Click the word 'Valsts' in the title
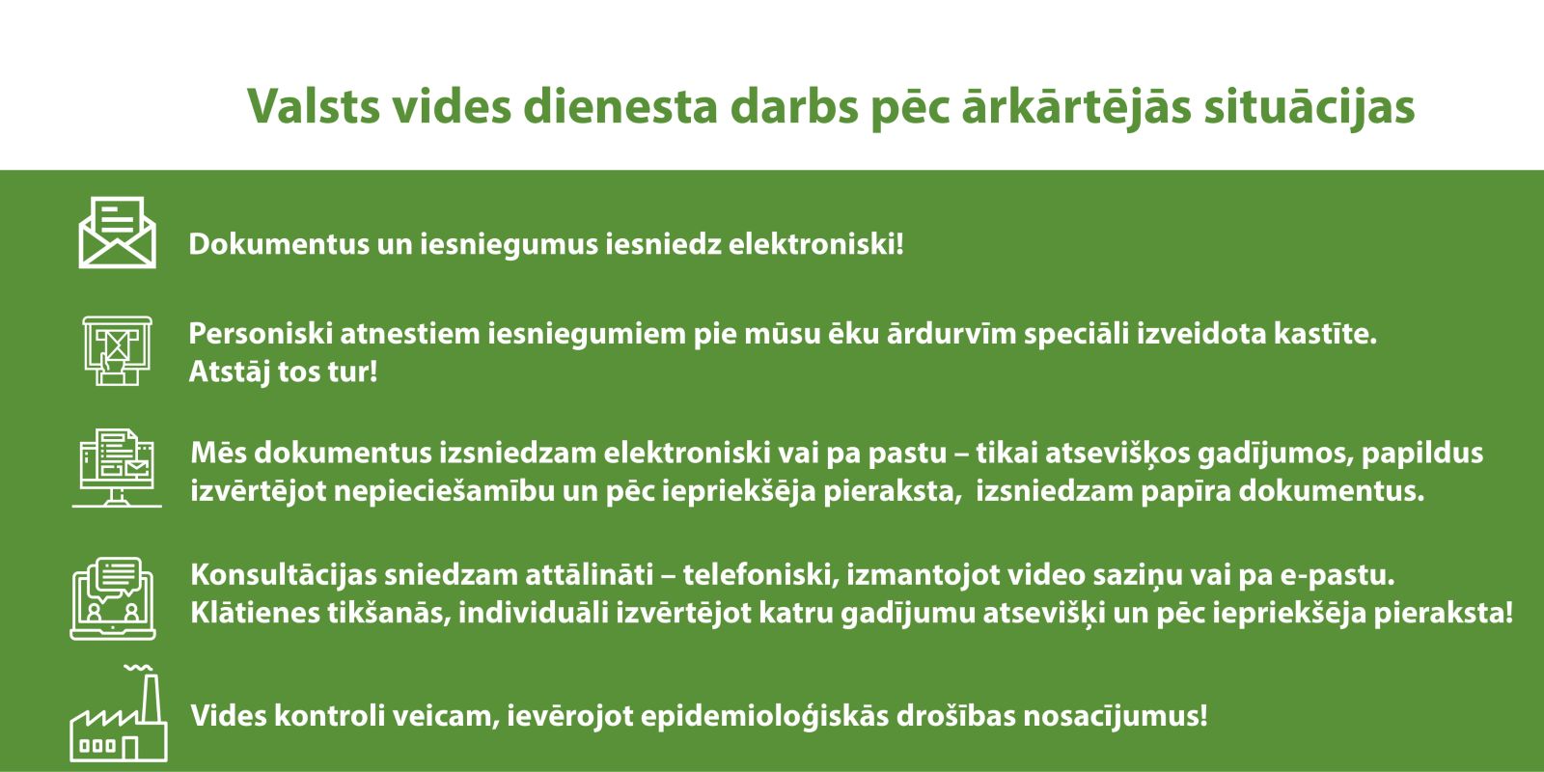coord(314,106)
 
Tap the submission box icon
coord(117,351)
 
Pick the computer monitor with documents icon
coord(117,468)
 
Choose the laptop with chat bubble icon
coord(113,598)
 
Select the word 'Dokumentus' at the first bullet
coord(279,245)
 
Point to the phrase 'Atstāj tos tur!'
coord(284,372)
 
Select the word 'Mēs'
coord(218,453)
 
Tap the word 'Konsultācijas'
coord(284,575)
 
